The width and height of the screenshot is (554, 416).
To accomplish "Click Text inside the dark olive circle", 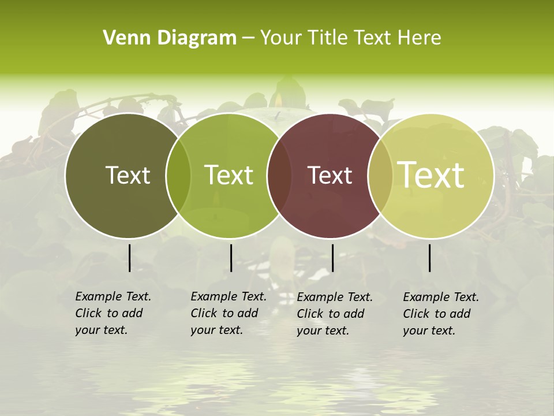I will tap(128, 175).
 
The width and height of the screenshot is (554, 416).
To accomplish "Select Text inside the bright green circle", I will tap(229, 175).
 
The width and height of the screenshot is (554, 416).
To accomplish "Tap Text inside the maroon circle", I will tap(330, 175).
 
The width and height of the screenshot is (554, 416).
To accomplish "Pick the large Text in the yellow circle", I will tap(431, 175).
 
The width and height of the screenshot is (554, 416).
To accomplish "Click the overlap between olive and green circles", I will tap(178, 176).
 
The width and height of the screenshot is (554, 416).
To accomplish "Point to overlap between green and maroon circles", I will tap(280, 176).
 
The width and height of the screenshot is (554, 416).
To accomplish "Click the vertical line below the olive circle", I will tap(129, 258).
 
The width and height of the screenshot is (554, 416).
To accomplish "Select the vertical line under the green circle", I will tap(231, 258).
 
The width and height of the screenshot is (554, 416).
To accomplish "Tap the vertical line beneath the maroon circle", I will tap(332, 258).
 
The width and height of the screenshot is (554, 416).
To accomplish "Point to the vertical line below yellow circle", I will tap(429, 258).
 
